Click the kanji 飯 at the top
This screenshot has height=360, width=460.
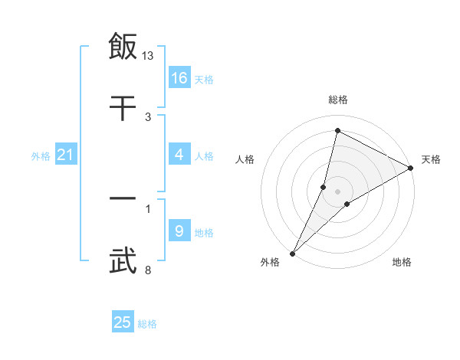123,46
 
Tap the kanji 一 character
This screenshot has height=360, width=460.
123,199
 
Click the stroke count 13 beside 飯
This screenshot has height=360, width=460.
148,56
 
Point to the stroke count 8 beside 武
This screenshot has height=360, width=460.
148,270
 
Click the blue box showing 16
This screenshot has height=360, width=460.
179,78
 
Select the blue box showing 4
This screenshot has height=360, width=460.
179,155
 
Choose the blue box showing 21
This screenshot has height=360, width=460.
66,155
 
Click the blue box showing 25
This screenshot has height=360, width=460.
123,323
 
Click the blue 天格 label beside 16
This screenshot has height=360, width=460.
204,80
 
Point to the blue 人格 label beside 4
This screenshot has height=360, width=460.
204,156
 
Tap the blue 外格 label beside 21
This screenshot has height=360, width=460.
41,156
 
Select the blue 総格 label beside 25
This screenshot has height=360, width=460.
147,324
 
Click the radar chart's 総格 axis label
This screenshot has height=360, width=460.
338,100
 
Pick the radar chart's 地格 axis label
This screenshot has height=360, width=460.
402,263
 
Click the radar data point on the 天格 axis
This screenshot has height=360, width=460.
411,168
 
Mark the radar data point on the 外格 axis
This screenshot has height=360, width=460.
292,254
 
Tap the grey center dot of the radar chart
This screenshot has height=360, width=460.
338,191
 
